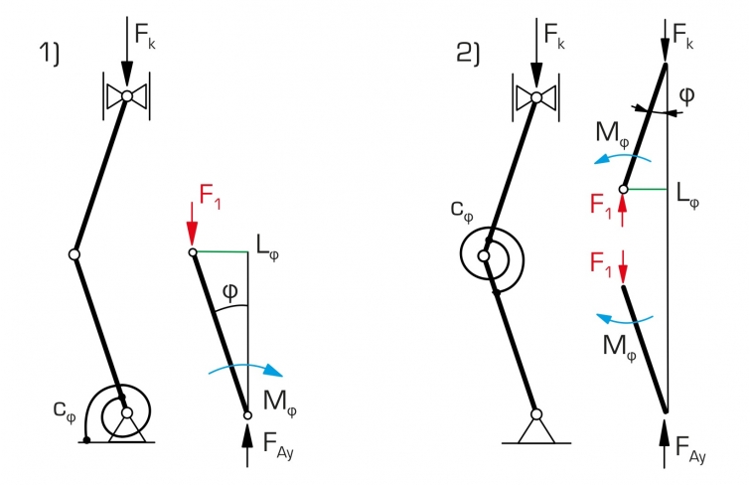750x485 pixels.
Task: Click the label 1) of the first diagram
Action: pos(50,53)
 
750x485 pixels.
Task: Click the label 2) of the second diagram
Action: pos(468,53)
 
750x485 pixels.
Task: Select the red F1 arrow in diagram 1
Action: pos(192,224)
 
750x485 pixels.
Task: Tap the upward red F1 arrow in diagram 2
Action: pos(622,211)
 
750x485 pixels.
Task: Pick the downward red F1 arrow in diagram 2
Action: pos(623,266)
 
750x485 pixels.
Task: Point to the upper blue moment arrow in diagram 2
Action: pos(622,158)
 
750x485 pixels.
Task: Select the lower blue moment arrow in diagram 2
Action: pos(624,318)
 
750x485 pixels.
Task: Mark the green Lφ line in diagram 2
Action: pos(647,189)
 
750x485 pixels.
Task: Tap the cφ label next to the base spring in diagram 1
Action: pos(65,411)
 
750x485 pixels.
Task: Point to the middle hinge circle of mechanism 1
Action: pos(75,254)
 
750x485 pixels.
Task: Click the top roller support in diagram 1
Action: pos(127,95)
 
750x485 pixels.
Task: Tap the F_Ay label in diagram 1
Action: pos(278,445)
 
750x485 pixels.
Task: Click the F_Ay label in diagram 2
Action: pos(690,448)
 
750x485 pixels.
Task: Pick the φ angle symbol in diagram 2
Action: pos(686,95)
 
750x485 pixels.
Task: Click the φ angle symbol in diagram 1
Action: pos(230,292)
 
